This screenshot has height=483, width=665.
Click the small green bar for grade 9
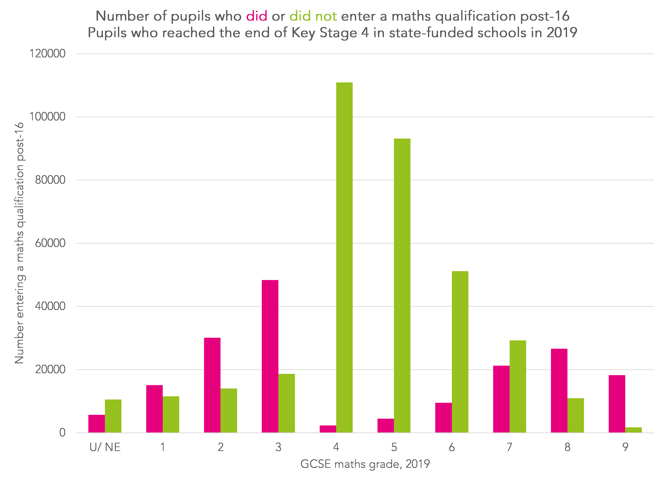click(x=633, y=430)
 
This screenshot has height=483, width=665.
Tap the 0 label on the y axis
click(x=62, y=433)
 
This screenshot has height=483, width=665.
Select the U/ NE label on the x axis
click(x=105, y=447)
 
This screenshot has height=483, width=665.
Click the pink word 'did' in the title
click(x=257, y=16)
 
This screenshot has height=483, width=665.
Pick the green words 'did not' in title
click(x=313, y=16)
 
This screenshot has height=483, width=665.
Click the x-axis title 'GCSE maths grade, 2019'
click(x=365, y=464)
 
